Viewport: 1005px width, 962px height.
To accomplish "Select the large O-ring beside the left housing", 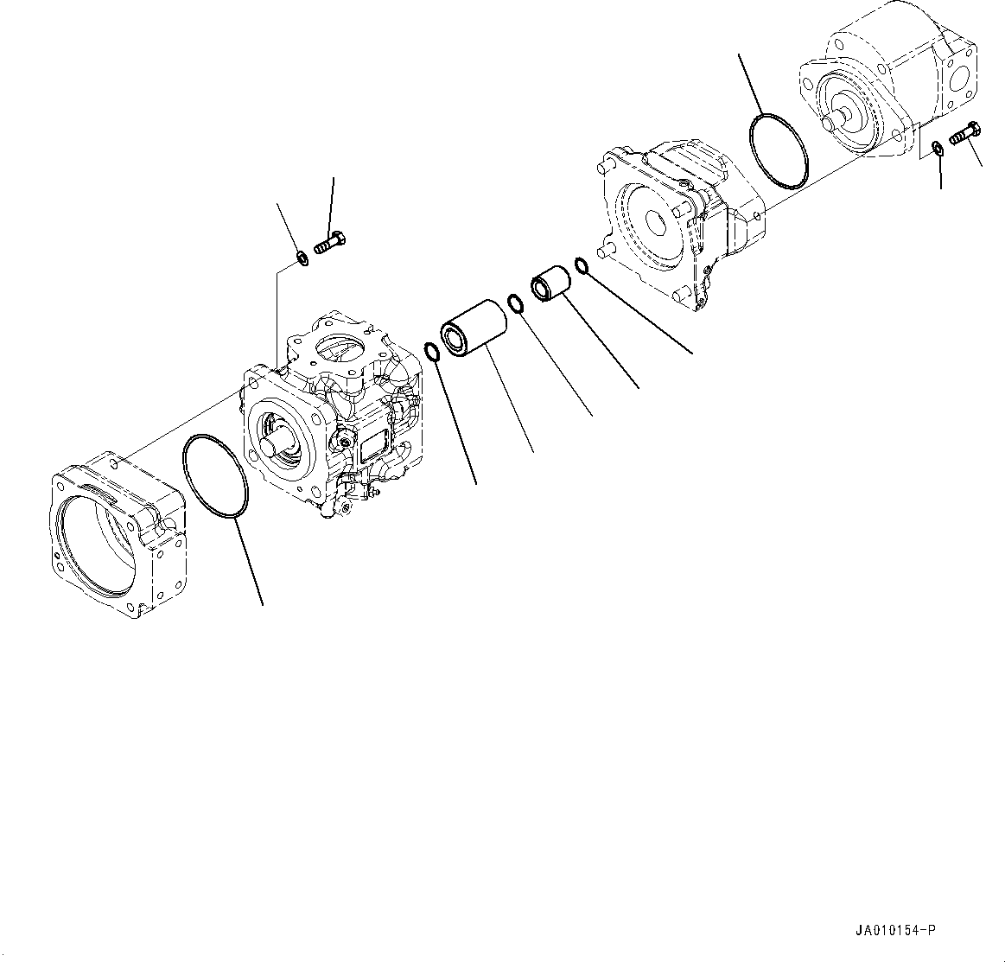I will tap(216, 478).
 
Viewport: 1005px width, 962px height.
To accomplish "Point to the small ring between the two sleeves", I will tap(515, 304).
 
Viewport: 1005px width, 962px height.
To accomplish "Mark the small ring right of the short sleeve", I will tap(582, 264).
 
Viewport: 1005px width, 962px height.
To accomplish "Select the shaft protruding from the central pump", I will tap(282, 440).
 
